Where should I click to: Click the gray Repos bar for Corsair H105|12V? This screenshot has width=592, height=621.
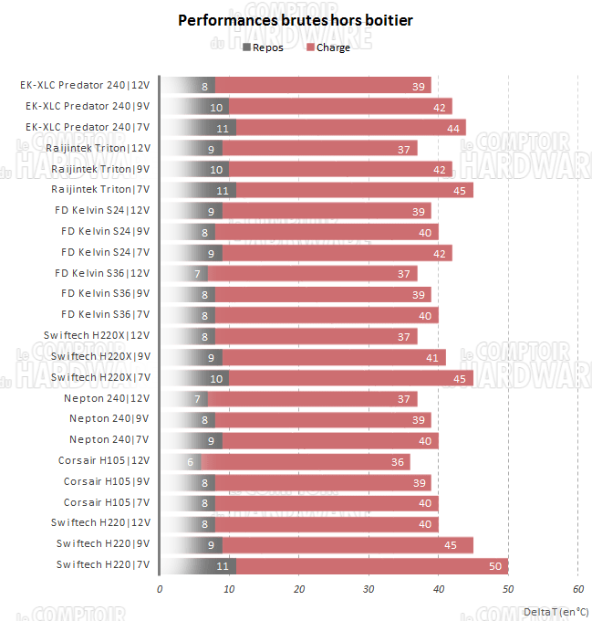point(181,461)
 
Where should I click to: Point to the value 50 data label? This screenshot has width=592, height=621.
point(495,565)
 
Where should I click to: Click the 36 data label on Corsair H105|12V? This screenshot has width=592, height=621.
point(398,461)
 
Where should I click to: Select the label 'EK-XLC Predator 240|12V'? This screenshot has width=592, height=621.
point(85,86)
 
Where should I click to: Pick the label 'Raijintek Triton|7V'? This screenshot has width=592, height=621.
point(100,190)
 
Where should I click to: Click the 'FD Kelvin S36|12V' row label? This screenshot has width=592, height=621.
point(102,273)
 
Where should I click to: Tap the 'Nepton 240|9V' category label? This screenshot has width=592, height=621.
point(109,419)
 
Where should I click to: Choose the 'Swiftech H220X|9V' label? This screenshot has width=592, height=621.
point(100,356)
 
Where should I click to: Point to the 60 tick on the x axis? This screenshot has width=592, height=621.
point(578,588)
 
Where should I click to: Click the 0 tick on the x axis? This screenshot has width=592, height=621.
point(160,588)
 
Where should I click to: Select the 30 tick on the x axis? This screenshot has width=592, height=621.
point(369,588)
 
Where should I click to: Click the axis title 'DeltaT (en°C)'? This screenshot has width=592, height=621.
point(556,611)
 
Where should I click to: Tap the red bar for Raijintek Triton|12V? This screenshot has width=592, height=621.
point(319,148)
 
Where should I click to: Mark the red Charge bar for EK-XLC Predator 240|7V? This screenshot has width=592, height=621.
point(351,127)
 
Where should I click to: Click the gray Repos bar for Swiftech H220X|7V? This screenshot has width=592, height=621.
point(194,377)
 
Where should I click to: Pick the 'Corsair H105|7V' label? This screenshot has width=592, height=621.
point(107,502)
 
